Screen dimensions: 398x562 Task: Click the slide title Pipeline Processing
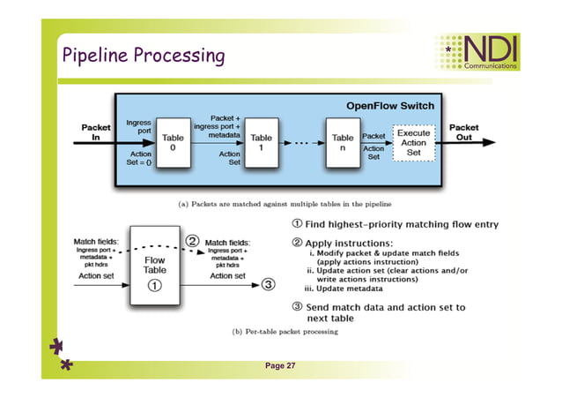click(143, 56)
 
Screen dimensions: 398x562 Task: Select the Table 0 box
click(173, 142)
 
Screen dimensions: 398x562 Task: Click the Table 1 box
click(262, 142)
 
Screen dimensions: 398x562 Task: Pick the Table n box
click(343, 142)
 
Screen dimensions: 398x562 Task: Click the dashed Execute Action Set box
click(412, 142)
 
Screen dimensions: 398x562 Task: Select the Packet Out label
click(464, 132)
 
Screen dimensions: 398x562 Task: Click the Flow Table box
click(154, 265)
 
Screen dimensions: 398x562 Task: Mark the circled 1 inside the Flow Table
click(154, 286)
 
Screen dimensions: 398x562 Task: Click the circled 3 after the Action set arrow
click(269, 284)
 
